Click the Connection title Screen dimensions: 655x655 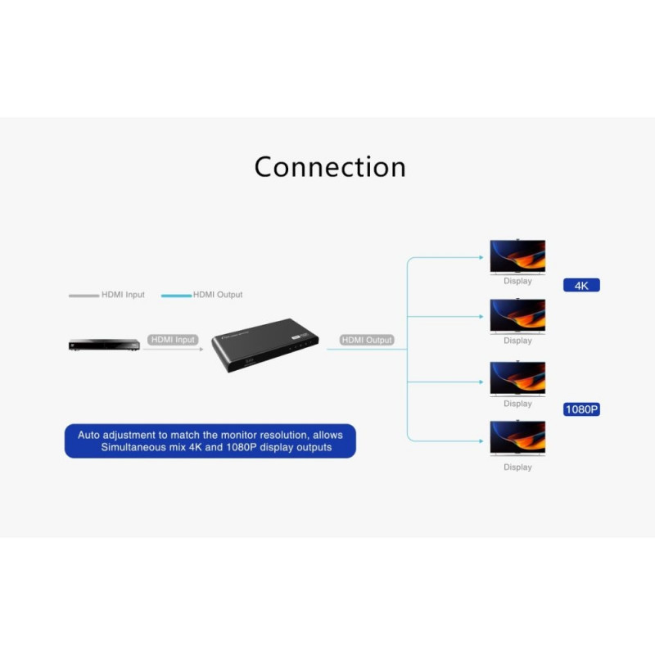(330, 167)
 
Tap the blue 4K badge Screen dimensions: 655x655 (581, 286)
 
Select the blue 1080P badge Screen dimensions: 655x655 (581, 409)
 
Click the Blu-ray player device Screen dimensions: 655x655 (104, 345)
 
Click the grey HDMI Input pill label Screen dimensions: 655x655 (174, 340)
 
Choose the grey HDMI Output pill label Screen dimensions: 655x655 (367, 340)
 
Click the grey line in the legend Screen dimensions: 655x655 (84, 296)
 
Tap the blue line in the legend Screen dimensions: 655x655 (176, 296)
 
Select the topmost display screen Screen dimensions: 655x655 (517, 256)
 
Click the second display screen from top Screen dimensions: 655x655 (517, 315)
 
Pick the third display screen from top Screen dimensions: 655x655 (517, 378)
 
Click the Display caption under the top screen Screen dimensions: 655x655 (517, 281)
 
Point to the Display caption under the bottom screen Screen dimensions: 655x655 (517, 468)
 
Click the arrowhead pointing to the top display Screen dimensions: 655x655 (481, 257)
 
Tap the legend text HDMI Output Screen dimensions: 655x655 (218, 295)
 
